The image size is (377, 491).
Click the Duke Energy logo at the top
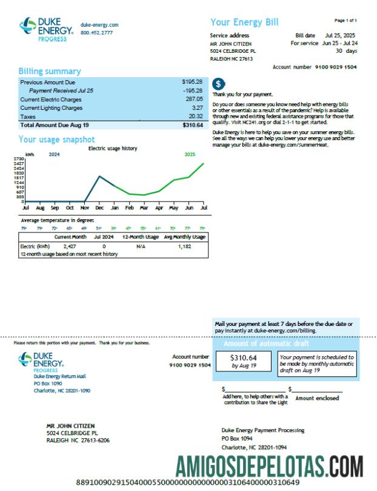click(x=46, y=29)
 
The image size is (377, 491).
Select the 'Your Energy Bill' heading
click(x=244, y=22)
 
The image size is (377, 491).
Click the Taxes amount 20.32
click(x=195, y=116)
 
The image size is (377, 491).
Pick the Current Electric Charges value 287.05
click(x=193, y=98)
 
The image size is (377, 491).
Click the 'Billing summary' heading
click(x=50, y=71)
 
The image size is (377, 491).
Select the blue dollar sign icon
click(x=219, y=84)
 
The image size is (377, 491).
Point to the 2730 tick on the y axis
click(x=18, y=159)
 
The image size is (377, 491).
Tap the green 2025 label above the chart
click(x=190, y=154)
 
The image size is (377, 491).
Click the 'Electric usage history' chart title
click(x=113, y=148)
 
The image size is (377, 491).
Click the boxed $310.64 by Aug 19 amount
click(x=244, y=362)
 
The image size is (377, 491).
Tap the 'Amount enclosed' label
click(x=318, y=399)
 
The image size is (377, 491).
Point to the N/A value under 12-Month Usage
click(x=141, y=247)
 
